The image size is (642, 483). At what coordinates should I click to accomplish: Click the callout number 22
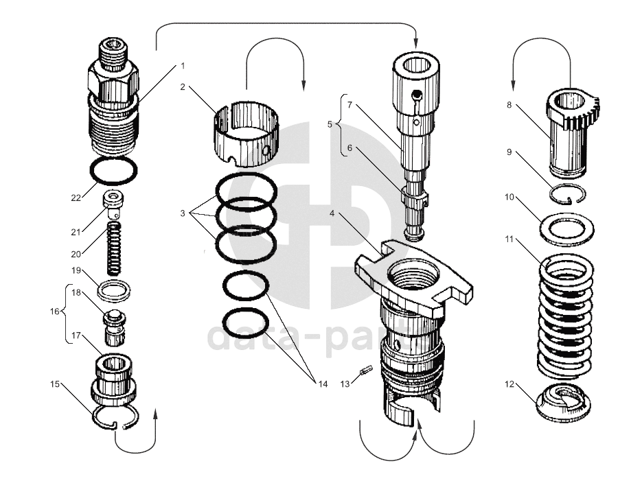tap(76, 198)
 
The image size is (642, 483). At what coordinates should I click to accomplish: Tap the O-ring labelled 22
tap(113, 158)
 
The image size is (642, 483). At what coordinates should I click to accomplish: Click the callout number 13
tap(346, 384)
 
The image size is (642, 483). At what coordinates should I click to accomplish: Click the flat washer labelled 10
tap(568, 226)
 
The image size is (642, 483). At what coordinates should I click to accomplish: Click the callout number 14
tap(323, 383)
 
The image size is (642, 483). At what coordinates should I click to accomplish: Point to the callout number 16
tap(55, 311)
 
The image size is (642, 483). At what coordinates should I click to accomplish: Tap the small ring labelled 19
tap(113, 290)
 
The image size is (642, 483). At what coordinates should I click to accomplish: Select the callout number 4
tap(332, 213)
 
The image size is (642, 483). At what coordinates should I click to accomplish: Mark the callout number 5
tap(330, 124)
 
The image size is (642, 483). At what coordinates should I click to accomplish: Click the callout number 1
tap(183, 66)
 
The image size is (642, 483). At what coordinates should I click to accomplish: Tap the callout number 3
tap(183, 213)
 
